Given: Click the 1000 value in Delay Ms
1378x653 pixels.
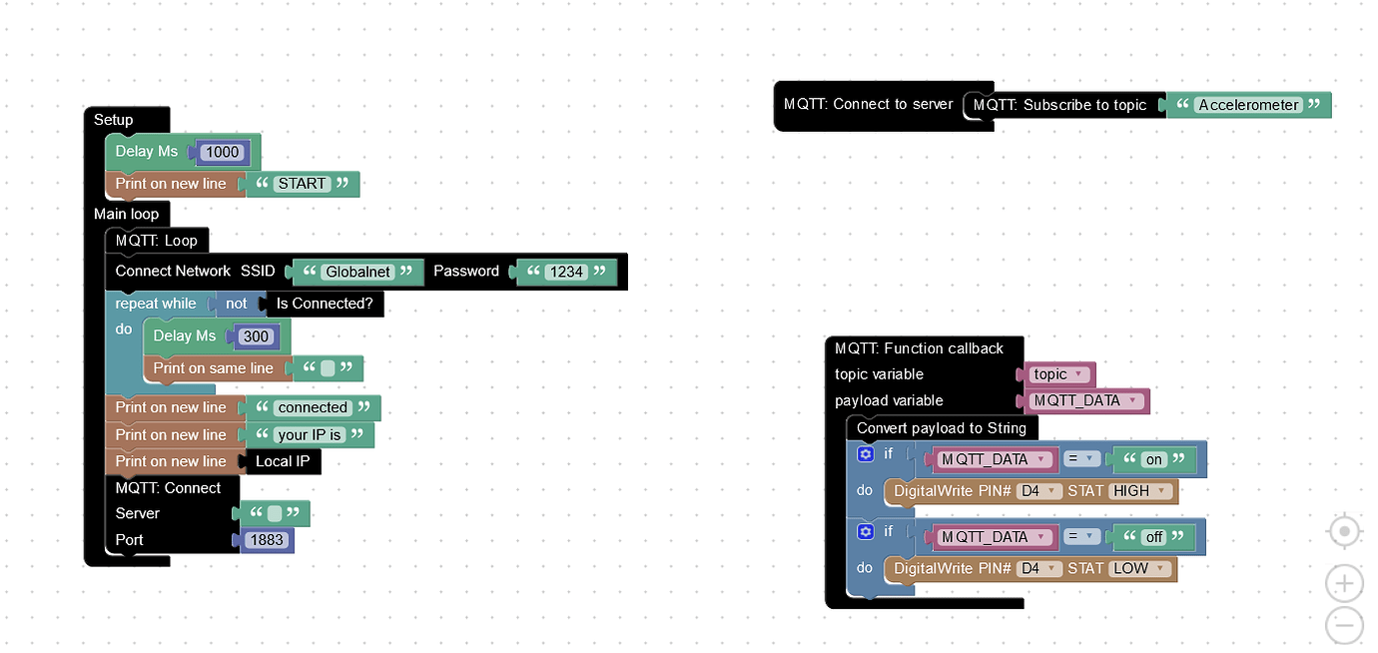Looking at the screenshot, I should pyautogui.click(x=221, y=152).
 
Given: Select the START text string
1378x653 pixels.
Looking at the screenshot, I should pyautogui.click(x=302, y=184).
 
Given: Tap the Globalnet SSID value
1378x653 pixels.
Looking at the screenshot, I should pyautogui.click(x=355, y=272).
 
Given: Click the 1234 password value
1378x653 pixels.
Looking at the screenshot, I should pyautogui.click(x=565, y=272).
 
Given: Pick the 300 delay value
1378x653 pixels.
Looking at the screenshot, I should pyautogui.click(x=257, y=336).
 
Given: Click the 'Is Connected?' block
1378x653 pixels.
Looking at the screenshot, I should pyautogui.click(x=324, y=304).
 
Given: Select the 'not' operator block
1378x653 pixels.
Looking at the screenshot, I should pyautogui.click(x=236, y=304).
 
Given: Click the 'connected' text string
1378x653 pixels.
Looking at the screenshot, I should pyautogui.click(x=313, y=407).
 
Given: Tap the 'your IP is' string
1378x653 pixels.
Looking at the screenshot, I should pyautogui.click(x=310, y=435).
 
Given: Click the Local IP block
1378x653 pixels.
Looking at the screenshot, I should pyautogui.click(x=282, y=461).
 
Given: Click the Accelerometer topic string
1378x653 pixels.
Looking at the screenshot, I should pyautogui.click(x=1248, y=105).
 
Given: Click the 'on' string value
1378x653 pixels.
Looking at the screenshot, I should pyautogui.click(x=1154, y=460).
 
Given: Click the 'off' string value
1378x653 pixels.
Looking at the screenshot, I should pyautogui.click(x=1153, y=537).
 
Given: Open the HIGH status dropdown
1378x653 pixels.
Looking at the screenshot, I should pyautogui.click(x=1139, y=491).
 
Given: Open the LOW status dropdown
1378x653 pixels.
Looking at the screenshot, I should pyautogui.click(x=1138, y=568).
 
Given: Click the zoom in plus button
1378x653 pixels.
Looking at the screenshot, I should pyautogui.click(x=1344, y=583).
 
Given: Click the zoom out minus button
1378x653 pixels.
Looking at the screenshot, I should pyautogui.click(x=1344, y=626).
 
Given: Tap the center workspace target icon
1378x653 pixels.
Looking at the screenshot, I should pyautogui.click(x=1344, y=532).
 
